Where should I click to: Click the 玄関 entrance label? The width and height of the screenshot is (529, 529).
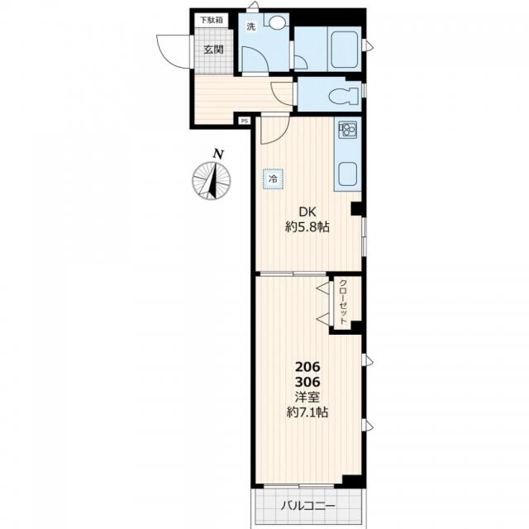pos(213,50)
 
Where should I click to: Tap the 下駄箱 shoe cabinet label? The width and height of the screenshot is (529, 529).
pos(212,20)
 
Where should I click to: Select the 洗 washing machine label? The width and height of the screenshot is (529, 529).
pos(250,26)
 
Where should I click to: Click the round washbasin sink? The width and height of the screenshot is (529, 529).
pos(277,22)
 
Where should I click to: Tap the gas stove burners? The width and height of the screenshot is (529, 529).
pos(347,129)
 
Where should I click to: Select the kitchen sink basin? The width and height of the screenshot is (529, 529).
pos(347,174)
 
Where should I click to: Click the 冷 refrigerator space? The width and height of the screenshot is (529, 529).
pos(273,179)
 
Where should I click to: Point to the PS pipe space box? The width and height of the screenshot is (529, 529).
pos(244,121)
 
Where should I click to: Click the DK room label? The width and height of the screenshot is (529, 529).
pos(307,212)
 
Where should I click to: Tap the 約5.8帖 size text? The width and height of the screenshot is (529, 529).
pos(307,227)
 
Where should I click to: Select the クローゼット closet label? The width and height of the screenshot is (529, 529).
pos(343,302)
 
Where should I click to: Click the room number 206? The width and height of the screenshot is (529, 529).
pos(307,366)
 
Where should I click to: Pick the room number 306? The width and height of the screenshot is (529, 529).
pos(307,382)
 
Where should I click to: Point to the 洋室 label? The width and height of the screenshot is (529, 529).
pos(307,397)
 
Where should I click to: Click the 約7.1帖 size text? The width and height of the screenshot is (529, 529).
pos(307,412)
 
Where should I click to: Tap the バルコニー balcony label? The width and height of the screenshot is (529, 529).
pos(308,506)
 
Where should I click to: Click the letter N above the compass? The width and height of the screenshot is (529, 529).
pos(218,155)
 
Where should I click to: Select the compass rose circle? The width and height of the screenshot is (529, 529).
pos(212,181)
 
